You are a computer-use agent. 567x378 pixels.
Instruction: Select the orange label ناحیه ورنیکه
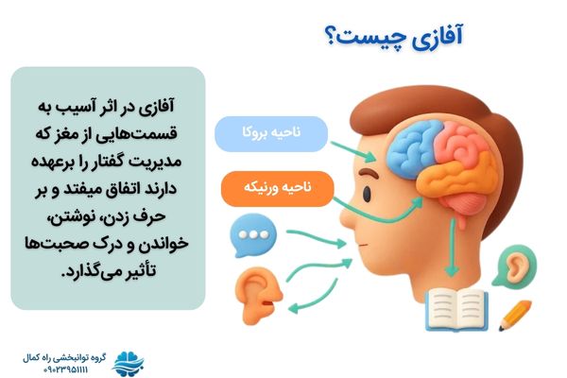pyautogui.click(x=271, y=189)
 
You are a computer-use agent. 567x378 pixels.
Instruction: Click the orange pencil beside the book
pyautogui.click(x=515, y=316)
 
